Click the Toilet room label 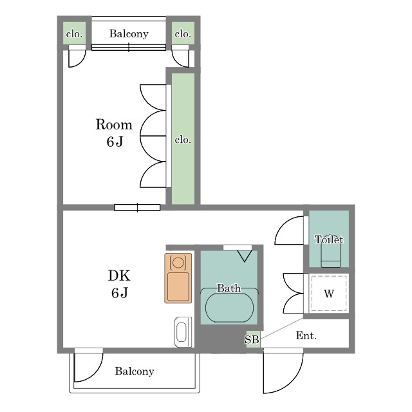coord(329,239)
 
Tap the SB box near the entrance coord(253,339)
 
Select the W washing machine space coord(329,294)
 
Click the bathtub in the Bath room coord(229,308)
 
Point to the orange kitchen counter coord(178,278)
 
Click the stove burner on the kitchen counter coord(178,263)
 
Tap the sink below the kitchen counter coord(183,332)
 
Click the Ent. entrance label coord(306,335)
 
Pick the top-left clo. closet coord(74,33)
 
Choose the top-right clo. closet coord(183,33)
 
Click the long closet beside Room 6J coord(183,138)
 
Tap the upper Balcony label coord(129,33)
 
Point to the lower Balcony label coord(135,371)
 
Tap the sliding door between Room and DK coord(137,207)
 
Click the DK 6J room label coord(119,284)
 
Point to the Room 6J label coord(114,133)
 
